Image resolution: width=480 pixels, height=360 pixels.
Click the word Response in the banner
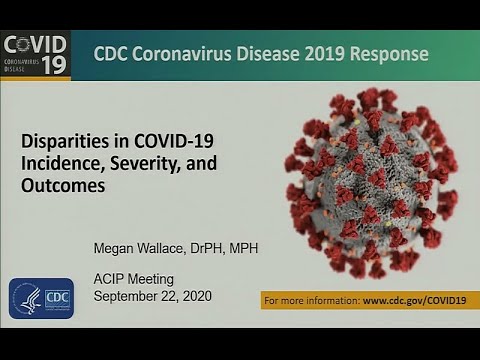(x=390, y=53)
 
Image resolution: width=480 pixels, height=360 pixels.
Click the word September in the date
(x=128, y=297)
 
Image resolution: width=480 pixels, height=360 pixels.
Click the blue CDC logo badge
(x=41, y=298)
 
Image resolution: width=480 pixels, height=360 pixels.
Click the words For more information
(x=310, y=299)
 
